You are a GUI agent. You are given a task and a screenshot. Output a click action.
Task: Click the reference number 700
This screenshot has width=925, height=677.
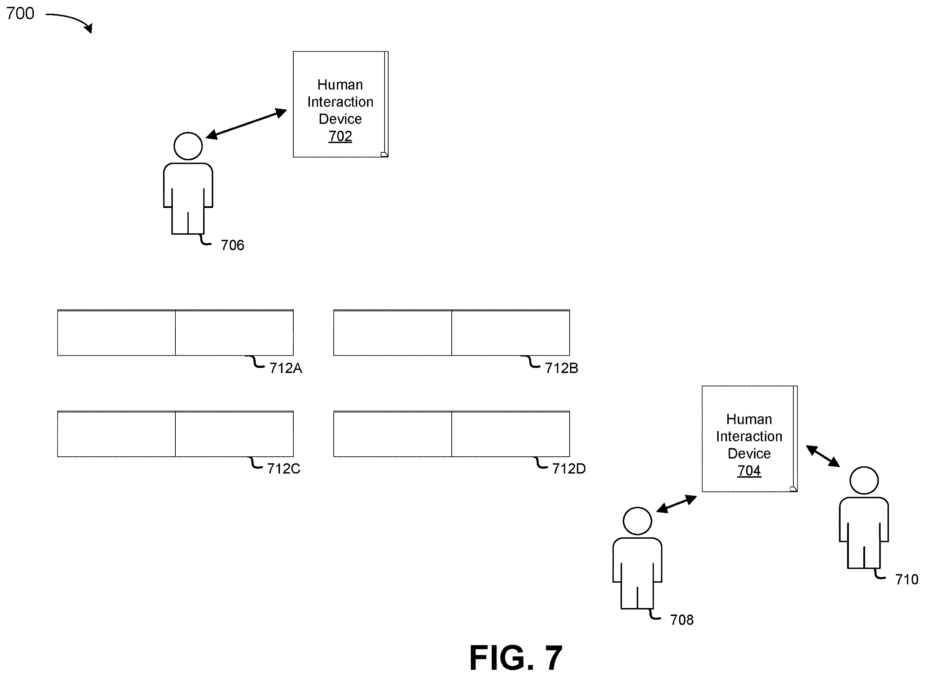tap(20, 13)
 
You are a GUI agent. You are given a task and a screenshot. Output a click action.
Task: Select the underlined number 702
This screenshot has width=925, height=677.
tap(340, 136)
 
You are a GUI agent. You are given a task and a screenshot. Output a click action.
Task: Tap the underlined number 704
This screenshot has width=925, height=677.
tap(749, 470)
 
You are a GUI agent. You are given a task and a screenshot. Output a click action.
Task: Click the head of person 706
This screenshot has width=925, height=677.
tap(188, 146)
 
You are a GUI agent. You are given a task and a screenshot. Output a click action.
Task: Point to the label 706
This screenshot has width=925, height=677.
tap(233, 245)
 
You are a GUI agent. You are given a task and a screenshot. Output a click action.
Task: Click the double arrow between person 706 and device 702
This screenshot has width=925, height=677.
tap(246, 124)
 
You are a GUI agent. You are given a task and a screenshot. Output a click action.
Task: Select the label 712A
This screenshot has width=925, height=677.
tap(286, 368)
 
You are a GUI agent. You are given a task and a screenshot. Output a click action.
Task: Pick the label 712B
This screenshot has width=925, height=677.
tap(561, 368)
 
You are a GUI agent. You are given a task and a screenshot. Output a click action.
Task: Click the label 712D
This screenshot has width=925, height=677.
tap(569, 468)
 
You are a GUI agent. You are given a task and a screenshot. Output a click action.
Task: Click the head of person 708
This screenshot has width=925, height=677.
tap(637, 521)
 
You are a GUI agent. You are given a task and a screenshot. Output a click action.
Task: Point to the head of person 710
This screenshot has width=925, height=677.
tap(864, 480)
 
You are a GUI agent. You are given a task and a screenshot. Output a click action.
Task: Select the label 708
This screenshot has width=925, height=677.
tap(682, 620)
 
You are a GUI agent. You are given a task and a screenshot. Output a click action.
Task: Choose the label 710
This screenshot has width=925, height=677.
tap(907, 580)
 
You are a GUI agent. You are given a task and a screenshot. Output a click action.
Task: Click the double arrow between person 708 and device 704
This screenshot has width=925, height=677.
tap(676, 504)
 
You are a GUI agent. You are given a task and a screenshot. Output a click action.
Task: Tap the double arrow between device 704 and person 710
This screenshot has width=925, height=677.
tap(823, 456)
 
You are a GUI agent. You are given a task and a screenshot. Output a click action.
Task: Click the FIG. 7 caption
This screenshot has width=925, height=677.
tap(516, 658)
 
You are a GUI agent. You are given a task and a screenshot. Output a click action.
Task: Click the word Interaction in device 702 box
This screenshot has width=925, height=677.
tap(340, 101)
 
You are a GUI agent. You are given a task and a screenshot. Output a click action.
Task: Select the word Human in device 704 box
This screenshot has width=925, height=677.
tap(749, 419)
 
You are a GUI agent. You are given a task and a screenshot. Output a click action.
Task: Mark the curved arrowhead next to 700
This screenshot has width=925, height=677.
tap(88, 27)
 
